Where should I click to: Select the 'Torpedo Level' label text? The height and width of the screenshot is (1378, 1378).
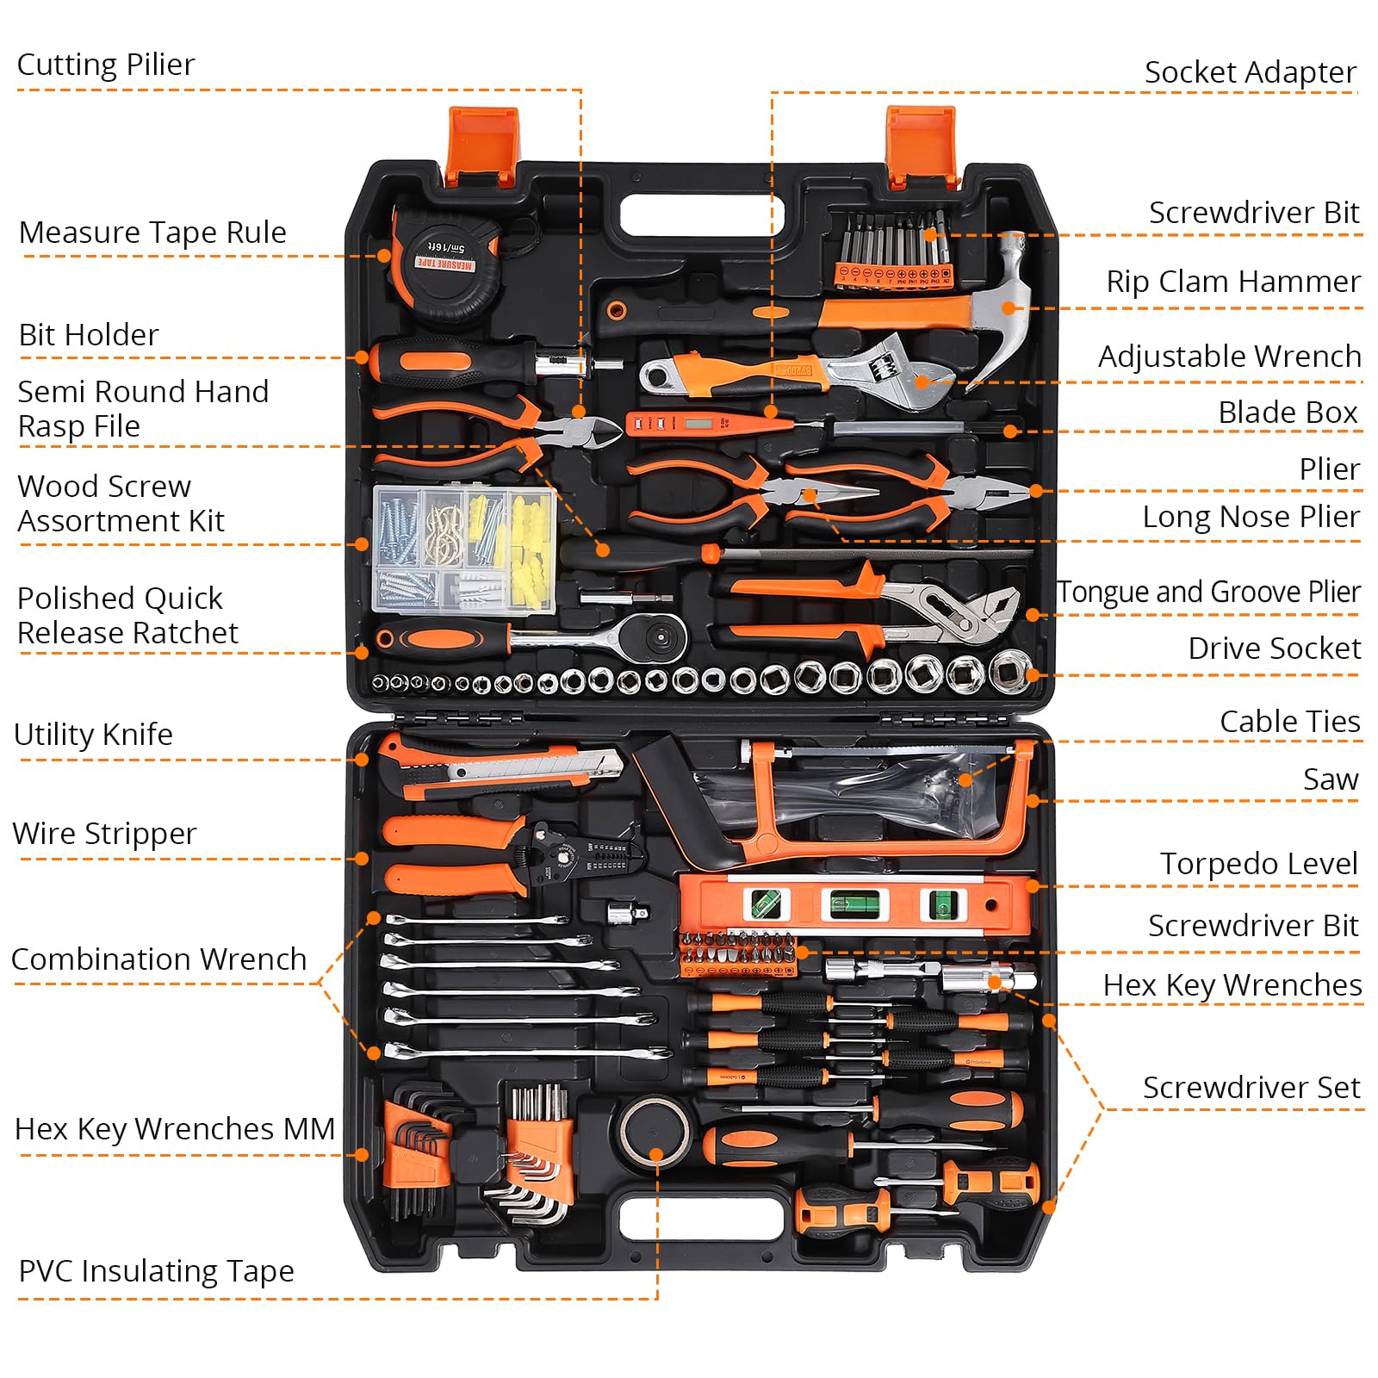click(x=1258, y=863)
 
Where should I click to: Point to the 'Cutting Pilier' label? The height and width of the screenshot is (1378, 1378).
click(x=106, y=65)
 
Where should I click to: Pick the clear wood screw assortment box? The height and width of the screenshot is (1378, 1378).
click(x=463, y=549)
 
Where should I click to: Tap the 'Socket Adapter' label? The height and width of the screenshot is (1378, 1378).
click(x=1250, y=72)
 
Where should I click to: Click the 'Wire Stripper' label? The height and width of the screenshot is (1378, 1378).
click(x=104, y=834)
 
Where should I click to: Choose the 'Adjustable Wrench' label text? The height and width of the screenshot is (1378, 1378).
click(x=1229, y=356)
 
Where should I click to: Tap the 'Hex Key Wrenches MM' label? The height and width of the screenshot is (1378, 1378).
click(x=175, y=1128)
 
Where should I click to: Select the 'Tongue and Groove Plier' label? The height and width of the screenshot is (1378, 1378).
click(x=1208, y=593)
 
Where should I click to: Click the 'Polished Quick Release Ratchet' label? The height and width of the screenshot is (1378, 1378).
click(x=127, y=615)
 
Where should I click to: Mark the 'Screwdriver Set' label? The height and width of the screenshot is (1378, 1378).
click(x=1251, y=1088)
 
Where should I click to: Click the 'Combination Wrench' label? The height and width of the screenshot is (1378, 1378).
click(x=158, y=959)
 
